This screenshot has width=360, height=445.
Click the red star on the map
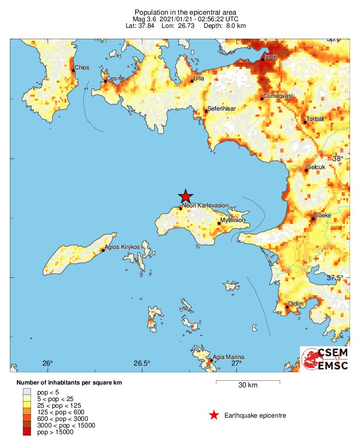point(186,196)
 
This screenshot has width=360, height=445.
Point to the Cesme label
point(116,78)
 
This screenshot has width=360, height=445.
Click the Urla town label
point(199,78)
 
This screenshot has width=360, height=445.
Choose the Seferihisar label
point(221,109)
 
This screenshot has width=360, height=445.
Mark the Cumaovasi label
point(278,96)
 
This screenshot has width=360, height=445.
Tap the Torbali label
point(315,119)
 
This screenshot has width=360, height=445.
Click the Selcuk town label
point(316,167)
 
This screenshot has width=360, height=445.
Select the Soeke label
point(323,215)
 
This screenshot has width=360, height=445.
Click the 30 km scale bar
point(248,381)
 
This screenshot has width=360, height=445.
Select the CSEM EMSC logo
point(325,359)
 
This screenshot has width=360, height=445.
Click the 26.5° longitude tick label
point(141,363)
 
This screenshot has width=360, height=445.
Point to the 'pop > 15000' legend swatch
point(28,432)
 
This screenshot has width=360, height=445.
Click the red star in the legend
point(214,415)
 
